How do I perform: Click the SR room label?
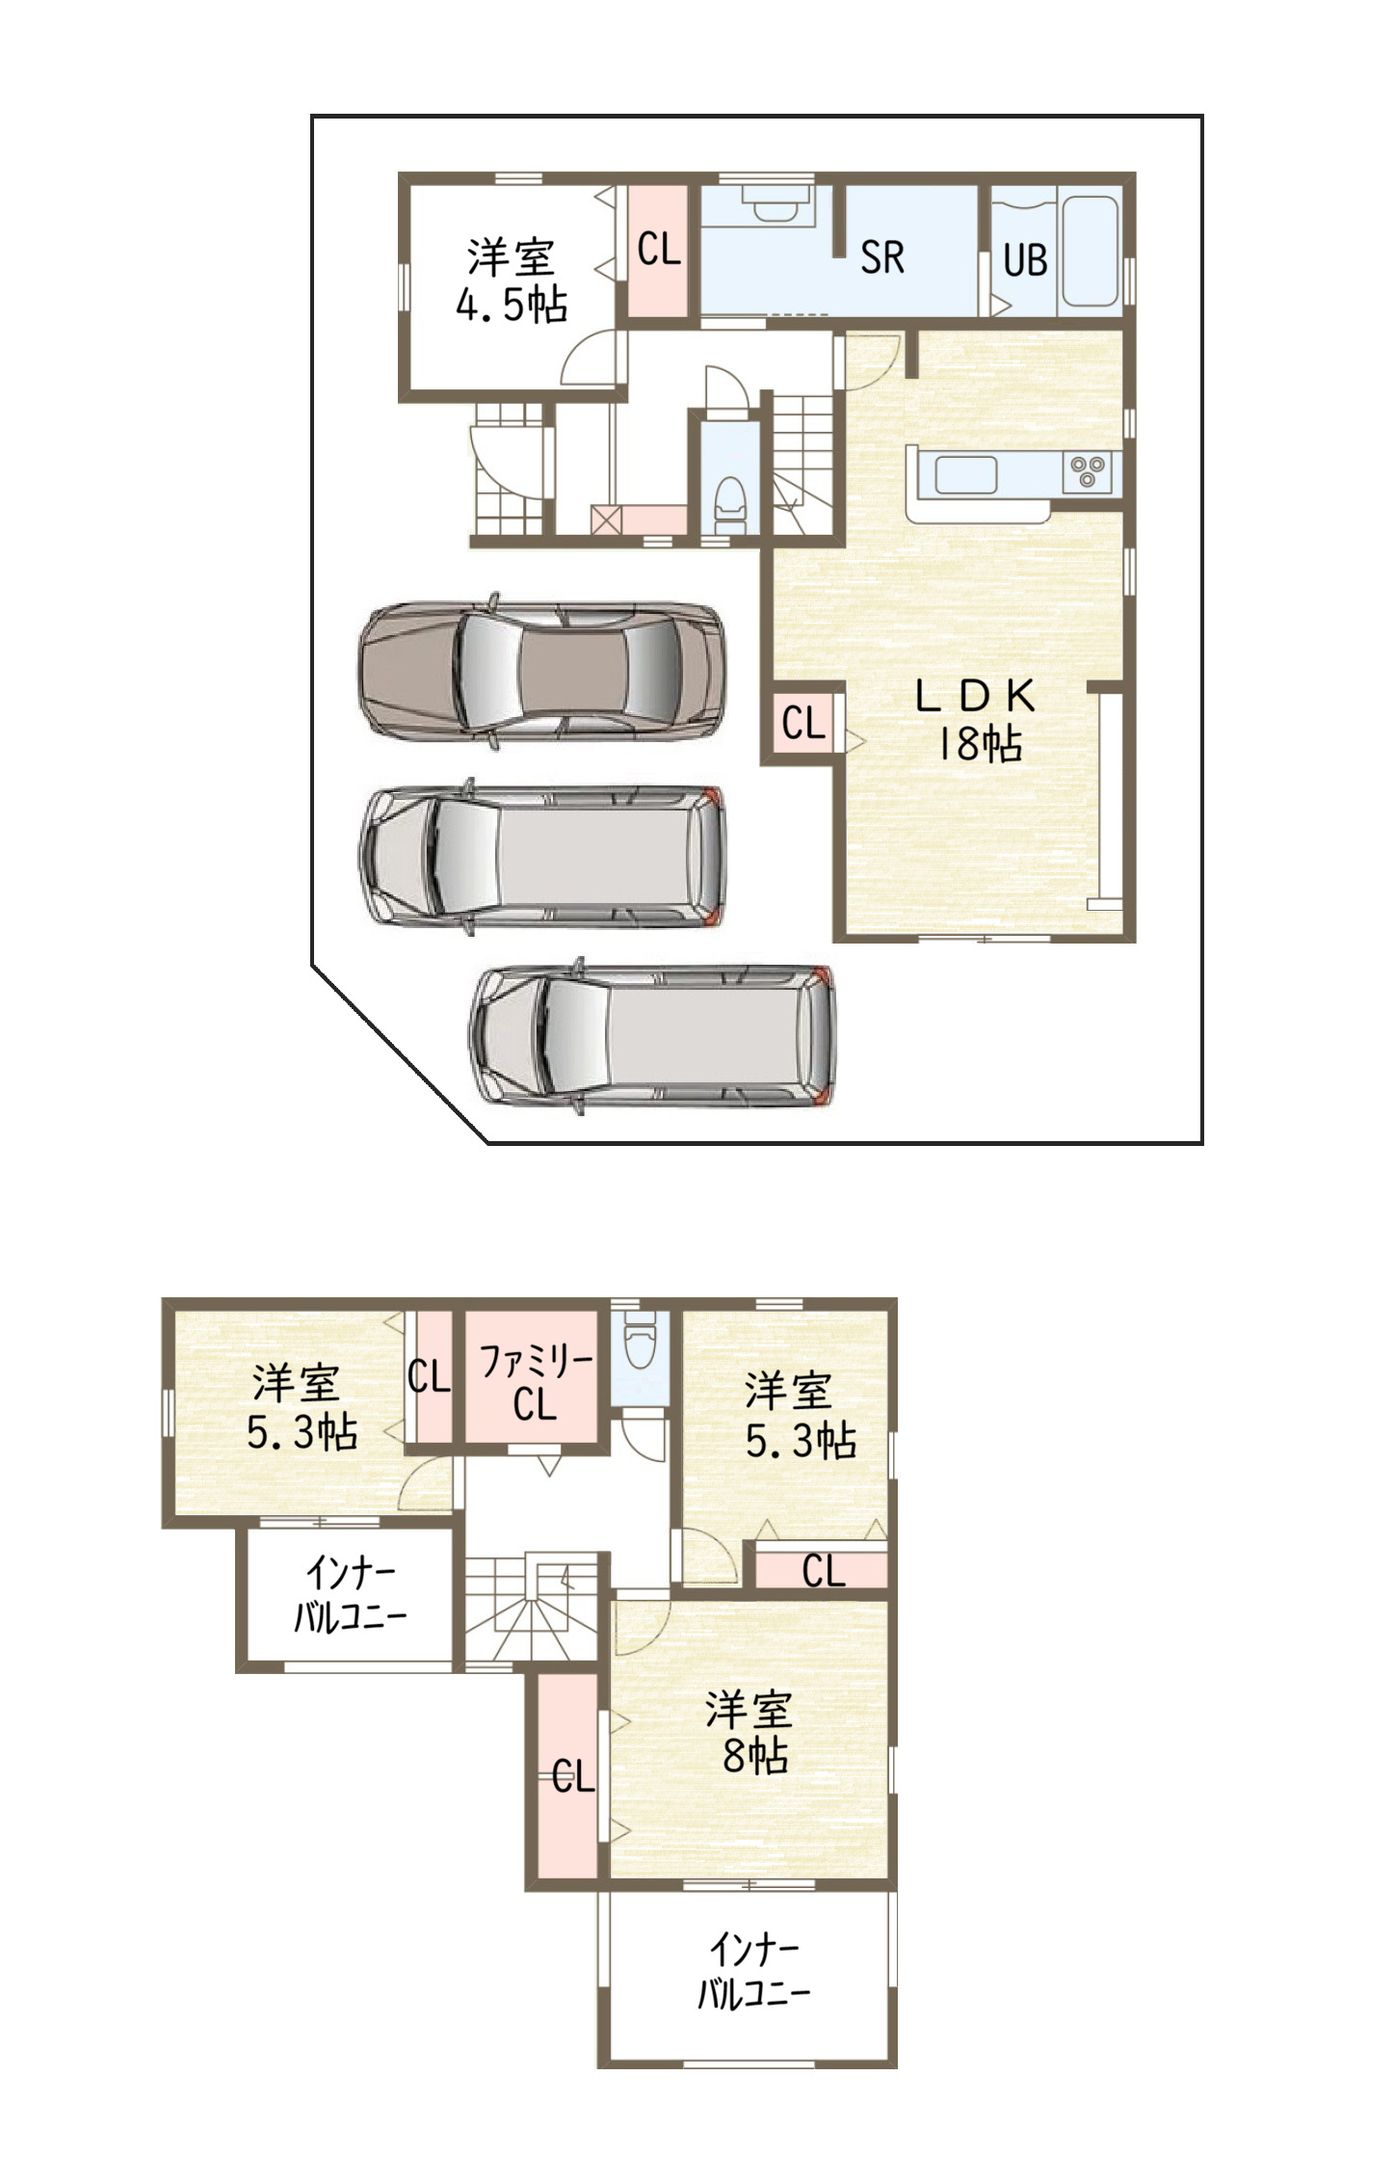881,257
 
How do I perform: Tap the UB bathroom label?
1024,260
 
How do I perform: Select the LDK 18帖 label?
977,719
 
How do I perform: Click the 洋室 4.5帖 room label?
512,280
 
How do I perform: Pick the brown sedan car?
541,672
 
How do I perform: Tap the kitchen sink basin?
966,474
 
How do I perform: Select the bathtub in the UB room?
1090,251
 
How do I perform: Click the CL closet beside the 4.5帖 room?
658,250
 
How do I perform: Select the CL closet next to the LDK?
803,723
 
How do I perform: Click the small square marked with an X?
606,519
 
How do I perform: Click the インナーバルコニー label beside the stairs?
350,1594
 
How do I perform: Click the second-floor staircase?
531,1607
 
